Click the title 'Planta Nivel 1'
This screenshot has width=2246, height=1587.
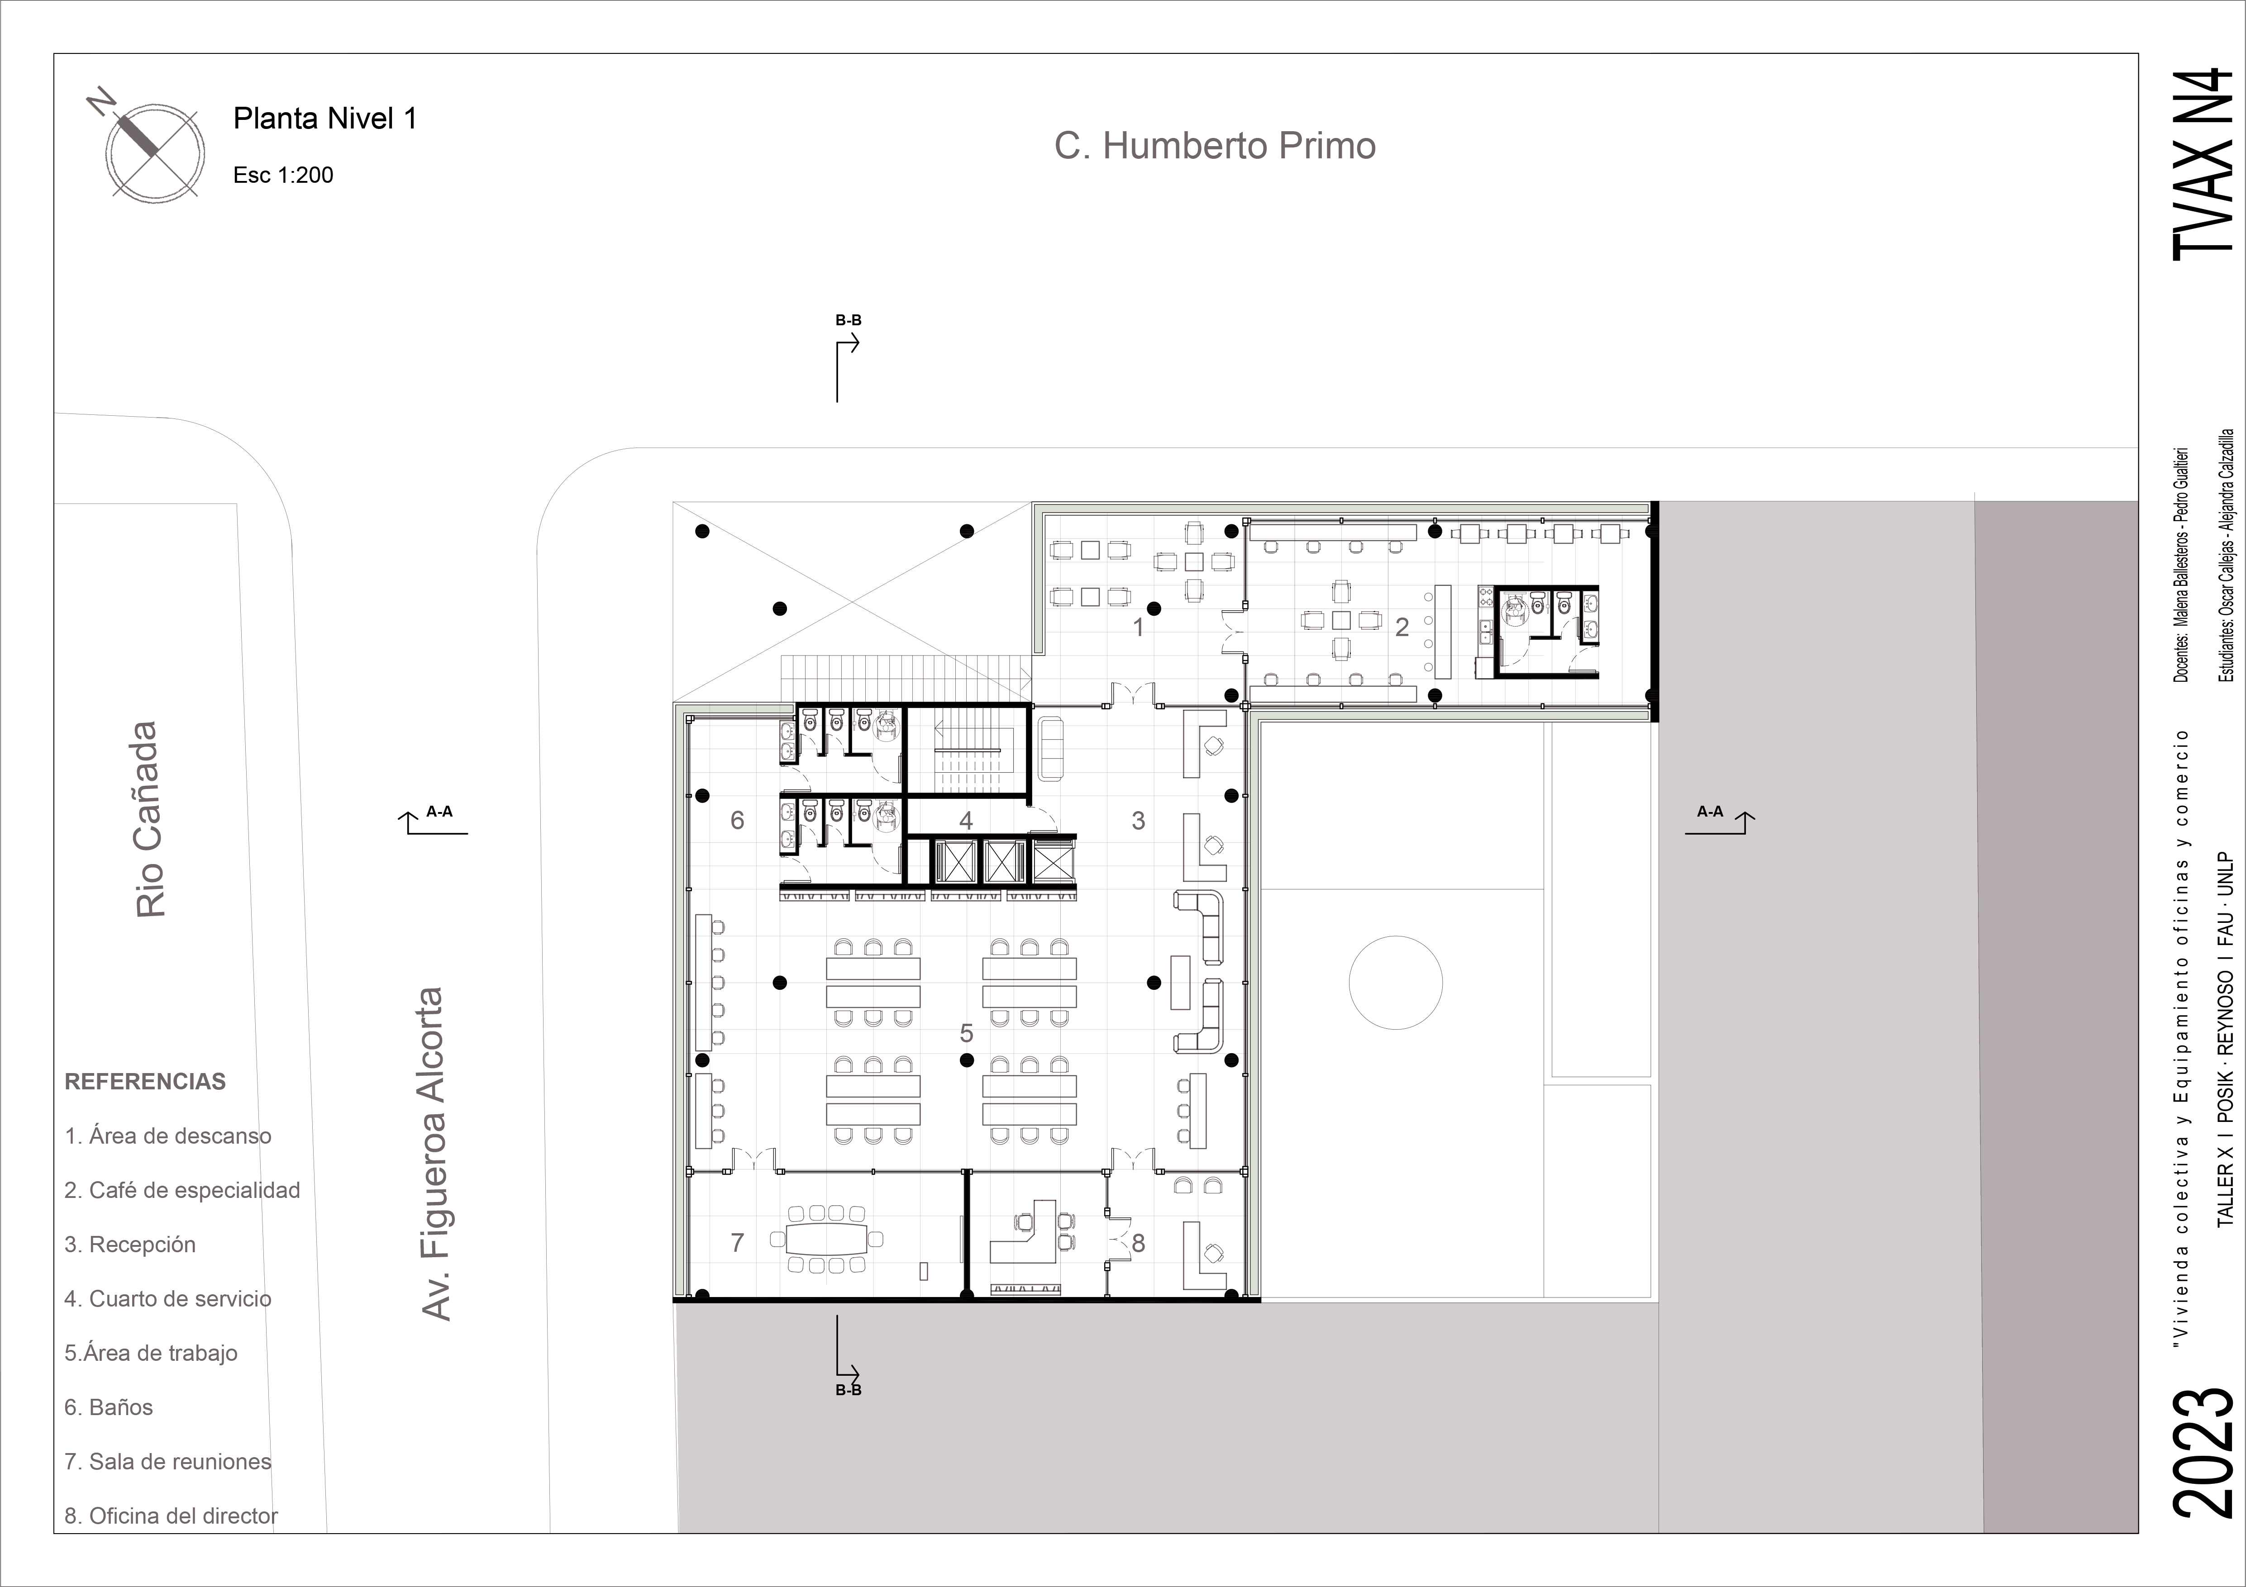click(325, 119)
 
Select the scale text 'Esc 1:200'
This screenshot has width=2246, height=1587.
click(283, 175)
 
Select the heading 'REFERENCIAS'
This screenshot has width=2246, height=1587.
click(145, 1082)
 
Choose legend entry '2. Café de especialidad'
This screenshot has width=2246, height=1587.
click(182, 1190)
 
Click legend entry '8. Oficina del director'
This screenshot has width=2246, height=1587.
click(171, 1516)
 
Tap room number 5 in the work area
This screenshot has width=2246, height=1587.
click(967, 1032)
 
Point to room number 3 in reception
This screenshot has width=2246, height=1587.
click(1138, 820)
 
